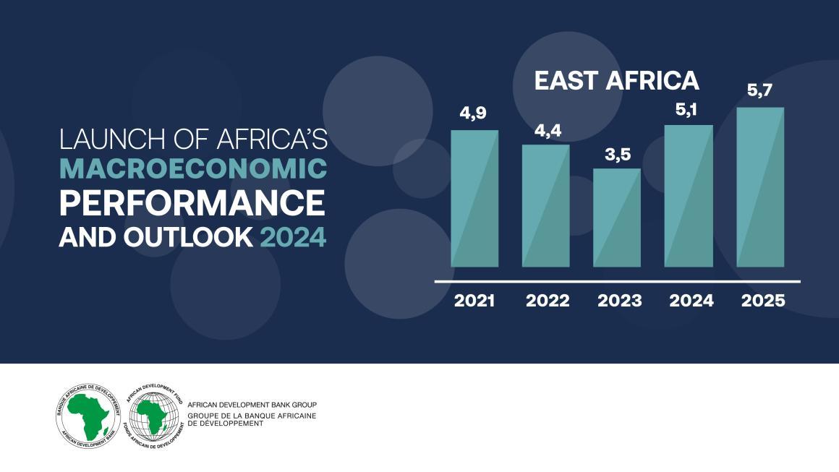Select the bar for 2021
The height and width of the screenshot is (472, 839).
pos(474,198)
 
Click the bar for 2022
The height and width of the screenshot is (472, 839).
pos(546,205)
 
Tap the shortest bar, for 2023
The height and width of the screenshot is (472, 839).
pos(617,218)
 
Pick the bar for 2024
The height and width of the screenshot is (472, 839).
pos(689,196)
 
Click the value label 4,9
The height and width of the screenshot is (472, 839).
pos(474,113)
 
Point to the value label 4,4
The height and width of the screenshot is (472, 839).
pos(546,131)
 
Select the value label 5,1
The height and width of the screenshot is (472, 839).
pos(689,110)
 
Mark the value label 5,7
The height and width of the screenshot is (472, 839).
pos(760,92)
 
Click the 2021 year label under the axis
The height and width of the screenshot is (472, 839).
pos(474,301)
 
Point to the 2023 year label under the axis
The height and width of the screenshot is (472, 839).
pos(619,301)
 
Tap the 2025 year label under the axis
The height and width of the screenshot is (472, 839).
pos(763,301)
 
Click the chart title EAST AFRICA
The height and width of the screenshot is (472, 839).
pos(616,80)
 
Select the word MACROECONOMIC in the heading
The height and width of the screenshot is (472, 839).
pos(192,169)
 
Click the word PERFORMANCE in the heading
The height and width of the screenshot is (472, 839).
pos(192,203)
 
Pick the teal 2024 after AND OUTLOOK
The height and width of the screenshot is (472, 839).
pos(293,237)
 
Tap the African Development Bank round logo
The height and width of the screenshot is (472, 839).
pos(86,414)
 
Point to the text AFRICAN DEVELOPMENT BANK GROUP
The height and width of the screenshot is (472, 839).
pos(252,405)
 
